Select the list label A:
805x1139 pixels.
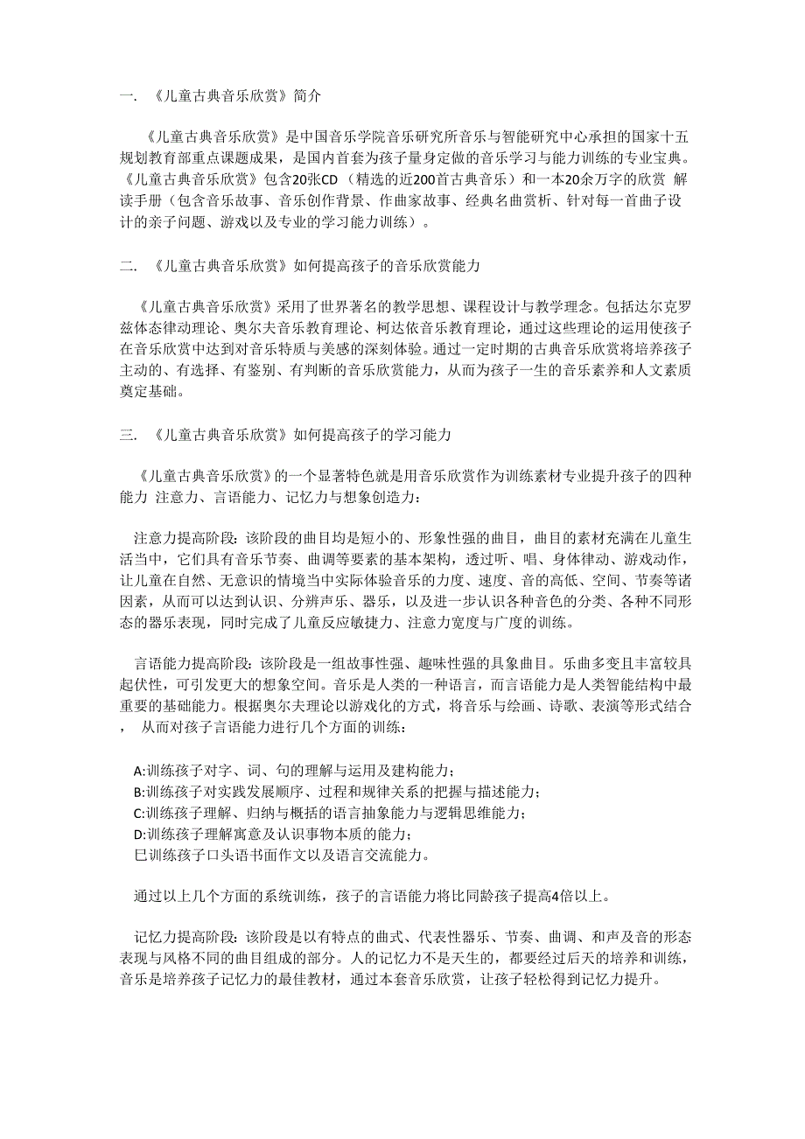click(x=140, y=771)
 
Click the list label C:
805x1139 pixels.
click(x=140, y=814)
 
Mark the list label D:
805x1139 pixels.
click(x=140, y=835)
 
